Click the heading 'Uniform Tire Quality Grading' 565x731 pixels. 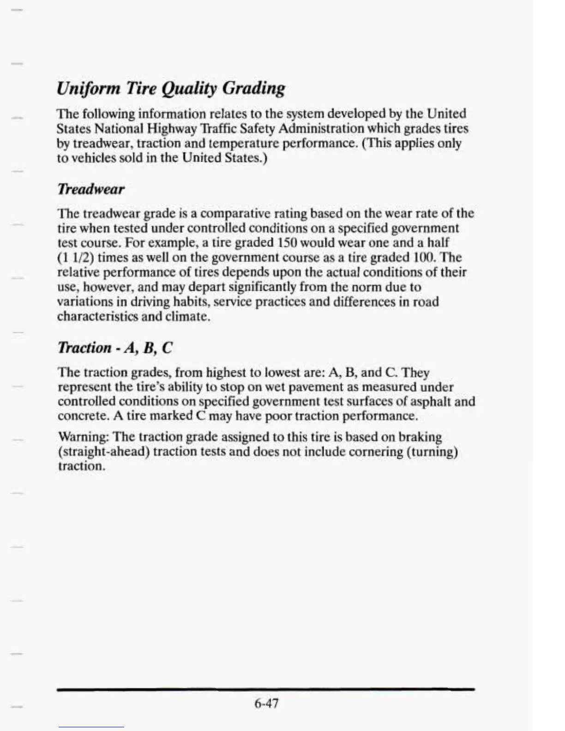(x=171, y=88)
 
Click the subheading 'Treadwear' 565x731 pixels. (x=91, y=189)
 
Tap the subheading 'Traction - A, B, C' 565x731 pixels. (x=115, y=348)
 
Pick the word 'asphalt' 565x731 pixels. (x=431, y=401)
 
